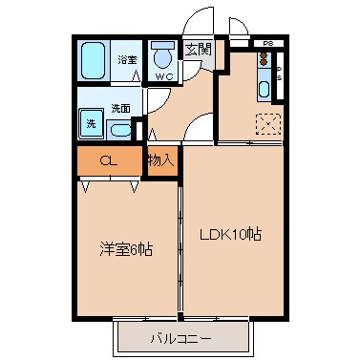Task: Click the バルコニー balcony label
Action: point(185,337)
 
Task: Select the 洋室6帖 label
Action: point(126,249)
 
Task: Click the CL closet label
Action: point(109,162)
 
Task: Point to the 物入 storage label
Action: point(160,160)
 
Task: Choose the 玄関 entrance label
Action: point(197,50)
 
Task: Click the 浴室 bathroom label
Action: point(126,60)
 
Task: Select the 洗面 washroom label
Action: point(119,107)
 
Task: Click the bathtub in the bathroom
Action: point(95,60)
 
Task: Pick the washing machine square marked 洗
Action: point(92,123)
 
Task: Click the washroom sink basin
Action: point(120,129)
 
